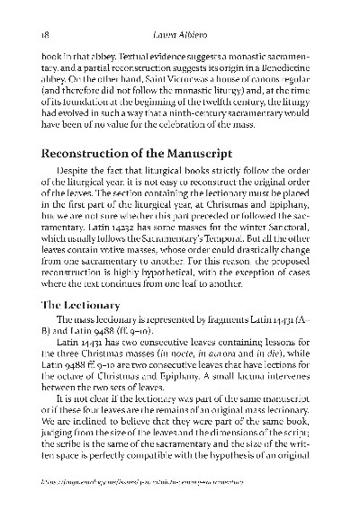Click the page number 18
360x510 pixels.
coord(33,33)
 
